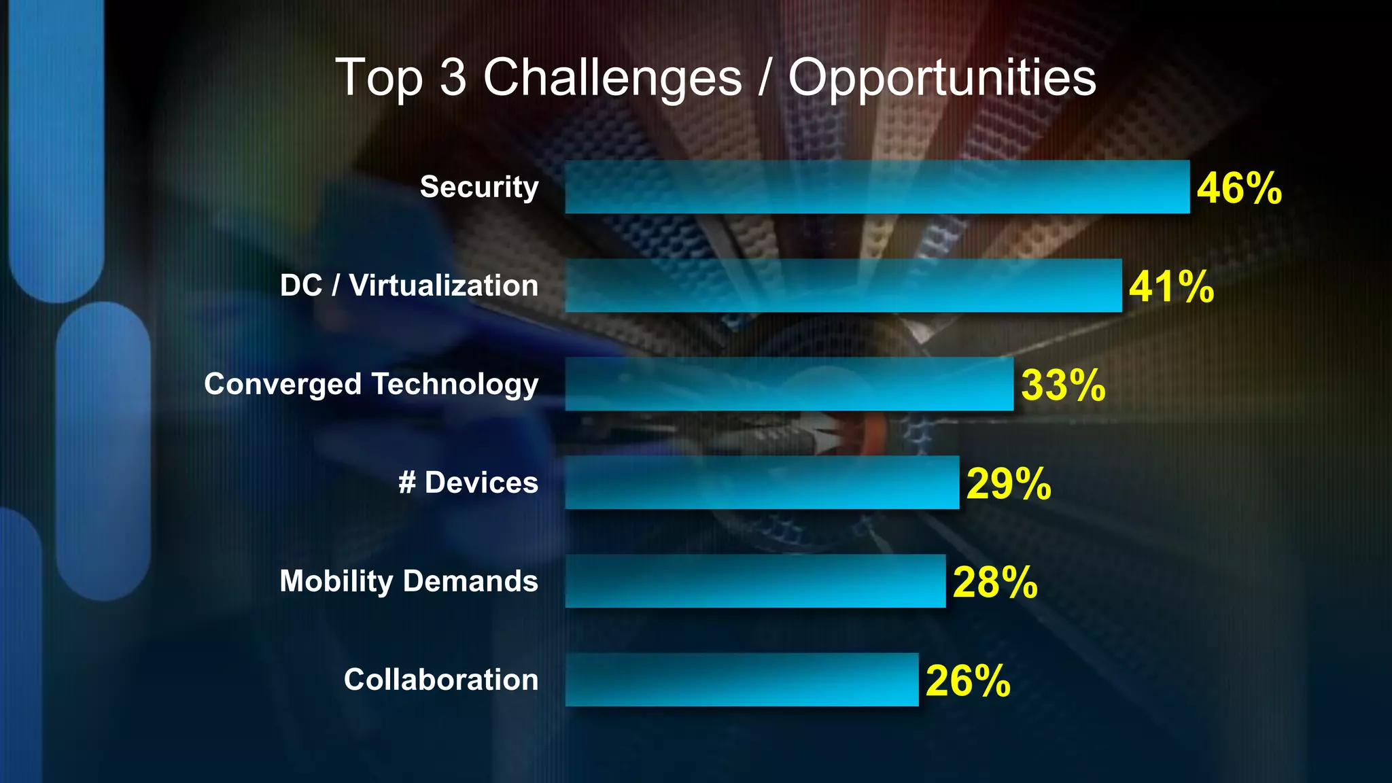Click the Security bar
click(877, 187)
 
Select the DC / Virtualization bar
click(843, 285)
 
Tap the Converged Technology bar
click(788, 384)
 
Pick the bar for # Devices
click(761, 483)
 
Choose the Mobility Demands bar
click(754, 581)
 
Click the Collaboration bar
click(741, 680)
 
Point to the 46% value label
click(1239, 188)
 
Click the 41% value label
click(1171, 287)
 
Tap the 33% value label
click(1063, 385)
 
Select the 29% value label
click(1009, 484)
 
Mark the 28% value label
click(995, 582)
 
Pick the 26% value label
click(968, 681)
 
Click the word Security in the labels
click(479, 187)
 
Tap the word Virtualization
click(443, 285)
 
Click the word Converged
click(283, 384)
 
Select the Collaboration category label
click(440, 680)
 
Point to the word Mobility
click(336, 581)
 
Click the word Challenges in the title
click(612, 78)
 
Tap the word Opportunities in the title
click(942, 78)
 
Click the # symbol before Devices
click(406, 483)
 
